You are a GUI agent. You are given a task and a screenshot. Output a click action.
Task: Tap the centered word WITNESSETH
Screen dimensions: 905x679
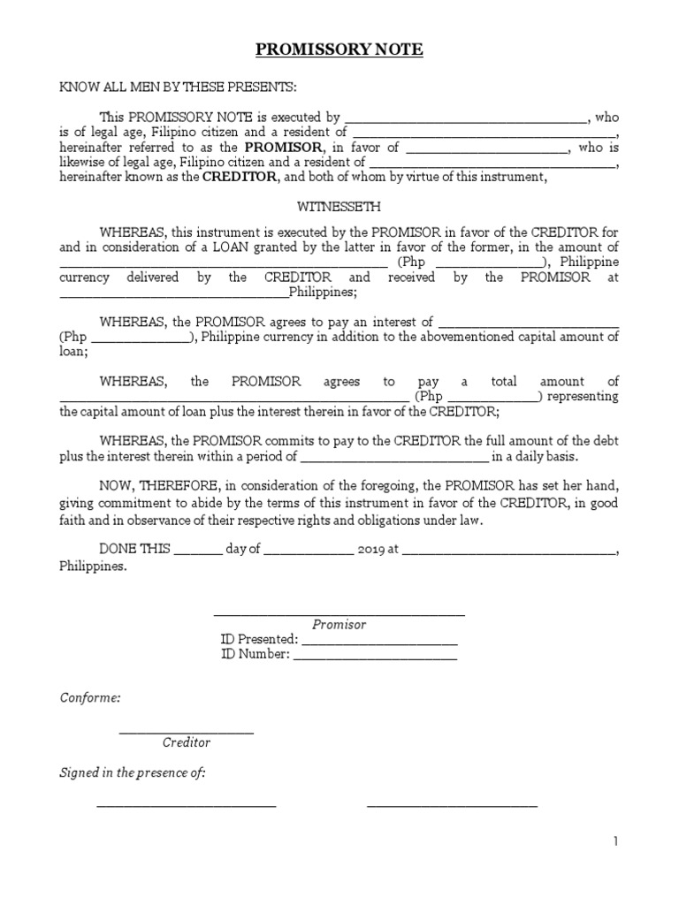click(x=339, y=207)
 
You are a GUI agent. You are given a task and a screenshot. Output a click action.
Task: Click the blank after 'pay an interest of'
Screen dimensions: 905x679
click(x=528, y=322)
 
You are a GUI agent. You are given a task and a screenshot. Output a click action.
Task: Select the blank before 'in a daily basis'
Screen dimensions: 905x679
click(x=394, y=457)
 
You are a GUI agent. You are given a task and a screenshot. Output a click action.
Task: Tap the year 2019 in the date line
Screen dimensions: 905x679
click(x=371, y=548)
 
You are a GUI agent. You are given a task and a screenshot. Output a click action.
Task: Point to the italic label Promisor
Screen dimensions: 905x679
click(x=339, y=624)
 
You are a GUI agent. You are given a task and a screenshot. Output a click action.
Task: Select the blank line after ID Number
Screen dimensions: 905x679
click(x=375, y=655)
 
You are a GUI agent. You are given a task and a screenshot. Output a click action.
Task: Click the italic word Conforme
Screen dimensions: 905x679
click(x=89, y=697)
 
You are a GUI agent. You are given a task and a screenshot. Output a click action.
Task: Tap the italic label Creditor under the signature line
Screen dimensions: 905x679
click(x=186, y=742)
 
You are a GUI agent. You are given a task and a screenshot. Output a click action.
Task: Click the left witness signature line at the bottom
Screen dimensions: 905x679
click(x=186, y=805)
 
